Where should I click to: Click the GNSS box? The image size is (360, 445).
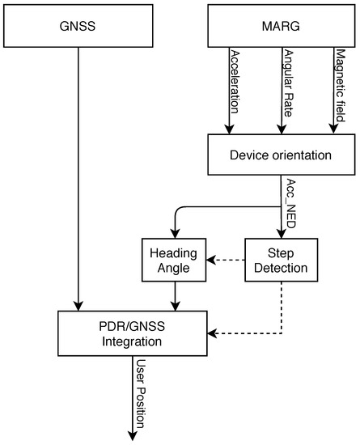78,25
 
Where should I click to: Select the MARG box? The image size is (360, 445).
282,25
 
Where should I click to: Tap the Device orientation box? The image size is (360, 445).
282,154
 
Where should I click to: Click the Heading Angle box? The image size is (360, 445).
174,260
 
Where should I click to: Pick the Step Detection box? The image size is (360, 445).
281,260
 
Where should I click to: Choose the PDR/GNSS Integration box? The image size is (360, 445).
133,333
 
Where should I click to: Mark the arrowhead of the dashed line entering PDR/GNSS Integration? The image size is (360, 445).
212,333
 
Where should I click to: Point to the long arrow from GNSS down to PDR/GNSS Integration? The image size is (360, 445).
78,178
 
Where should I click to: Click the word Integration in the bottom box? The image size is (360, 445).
133,341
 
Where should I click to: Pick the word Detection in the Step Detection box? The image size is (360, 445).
281,267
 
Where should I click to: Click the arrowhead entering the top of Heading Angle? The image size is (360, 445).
174,232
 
